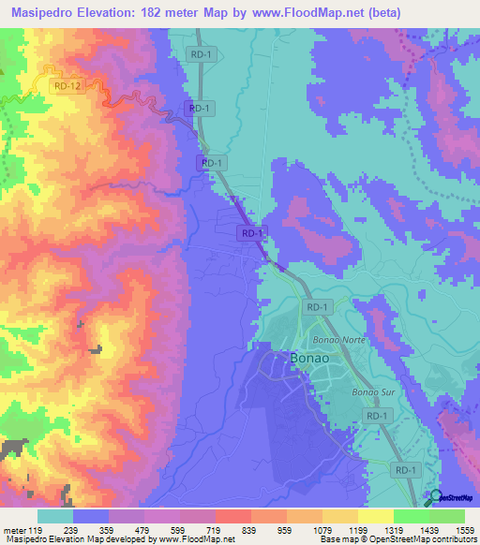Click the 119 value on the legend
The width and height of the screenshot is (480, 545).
coord(37,530)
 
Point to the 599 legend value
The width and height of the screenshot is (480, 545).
coord(179,530)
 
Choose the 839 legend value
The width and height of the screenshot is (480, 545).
coord(250,530)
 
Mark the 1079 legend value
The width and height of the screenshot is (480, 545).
coord(322,530)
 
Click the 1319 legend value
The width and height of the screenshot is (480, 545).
coord(393,530)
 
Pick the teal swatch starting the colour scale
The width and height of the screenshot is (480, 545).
coord(55,516)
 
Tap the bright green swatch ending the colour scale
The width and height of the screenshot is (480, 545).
coord(446,516)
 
